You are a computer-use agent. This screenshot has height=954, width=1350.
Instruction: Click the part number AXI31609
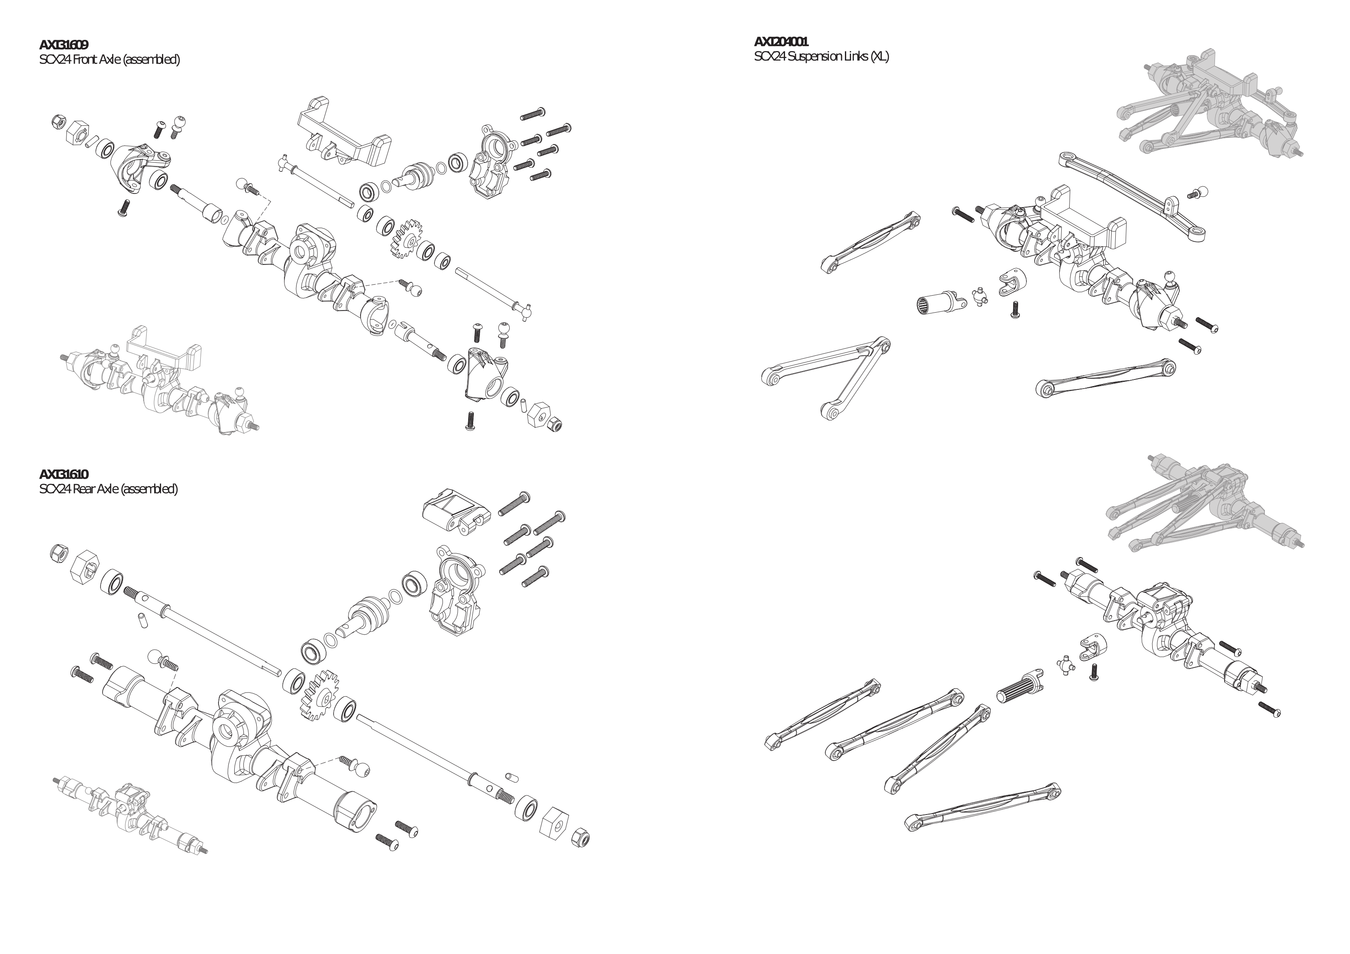tap(64, 45)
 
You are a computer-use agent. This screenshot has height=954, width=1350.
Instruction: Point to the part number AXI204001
tap(781, 42)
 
